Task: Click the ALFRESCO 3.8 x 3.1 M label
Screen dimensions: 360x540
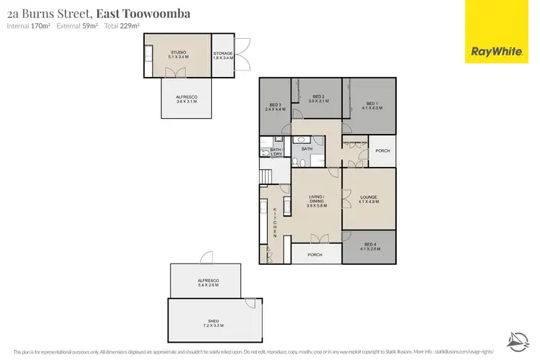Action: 186,99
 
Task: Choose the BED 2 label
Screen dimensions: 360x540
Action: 318,99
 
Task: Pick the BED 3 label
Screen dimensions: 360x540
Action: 275,107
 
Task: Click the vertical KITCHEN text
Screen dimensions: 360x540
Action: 275,222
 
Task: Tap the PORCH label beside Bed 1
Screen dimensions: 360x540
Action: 382,150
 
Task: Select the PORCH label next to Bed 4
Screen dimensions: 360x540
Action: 315,254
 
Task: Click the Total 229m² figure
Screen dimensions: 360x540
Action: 123,26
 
